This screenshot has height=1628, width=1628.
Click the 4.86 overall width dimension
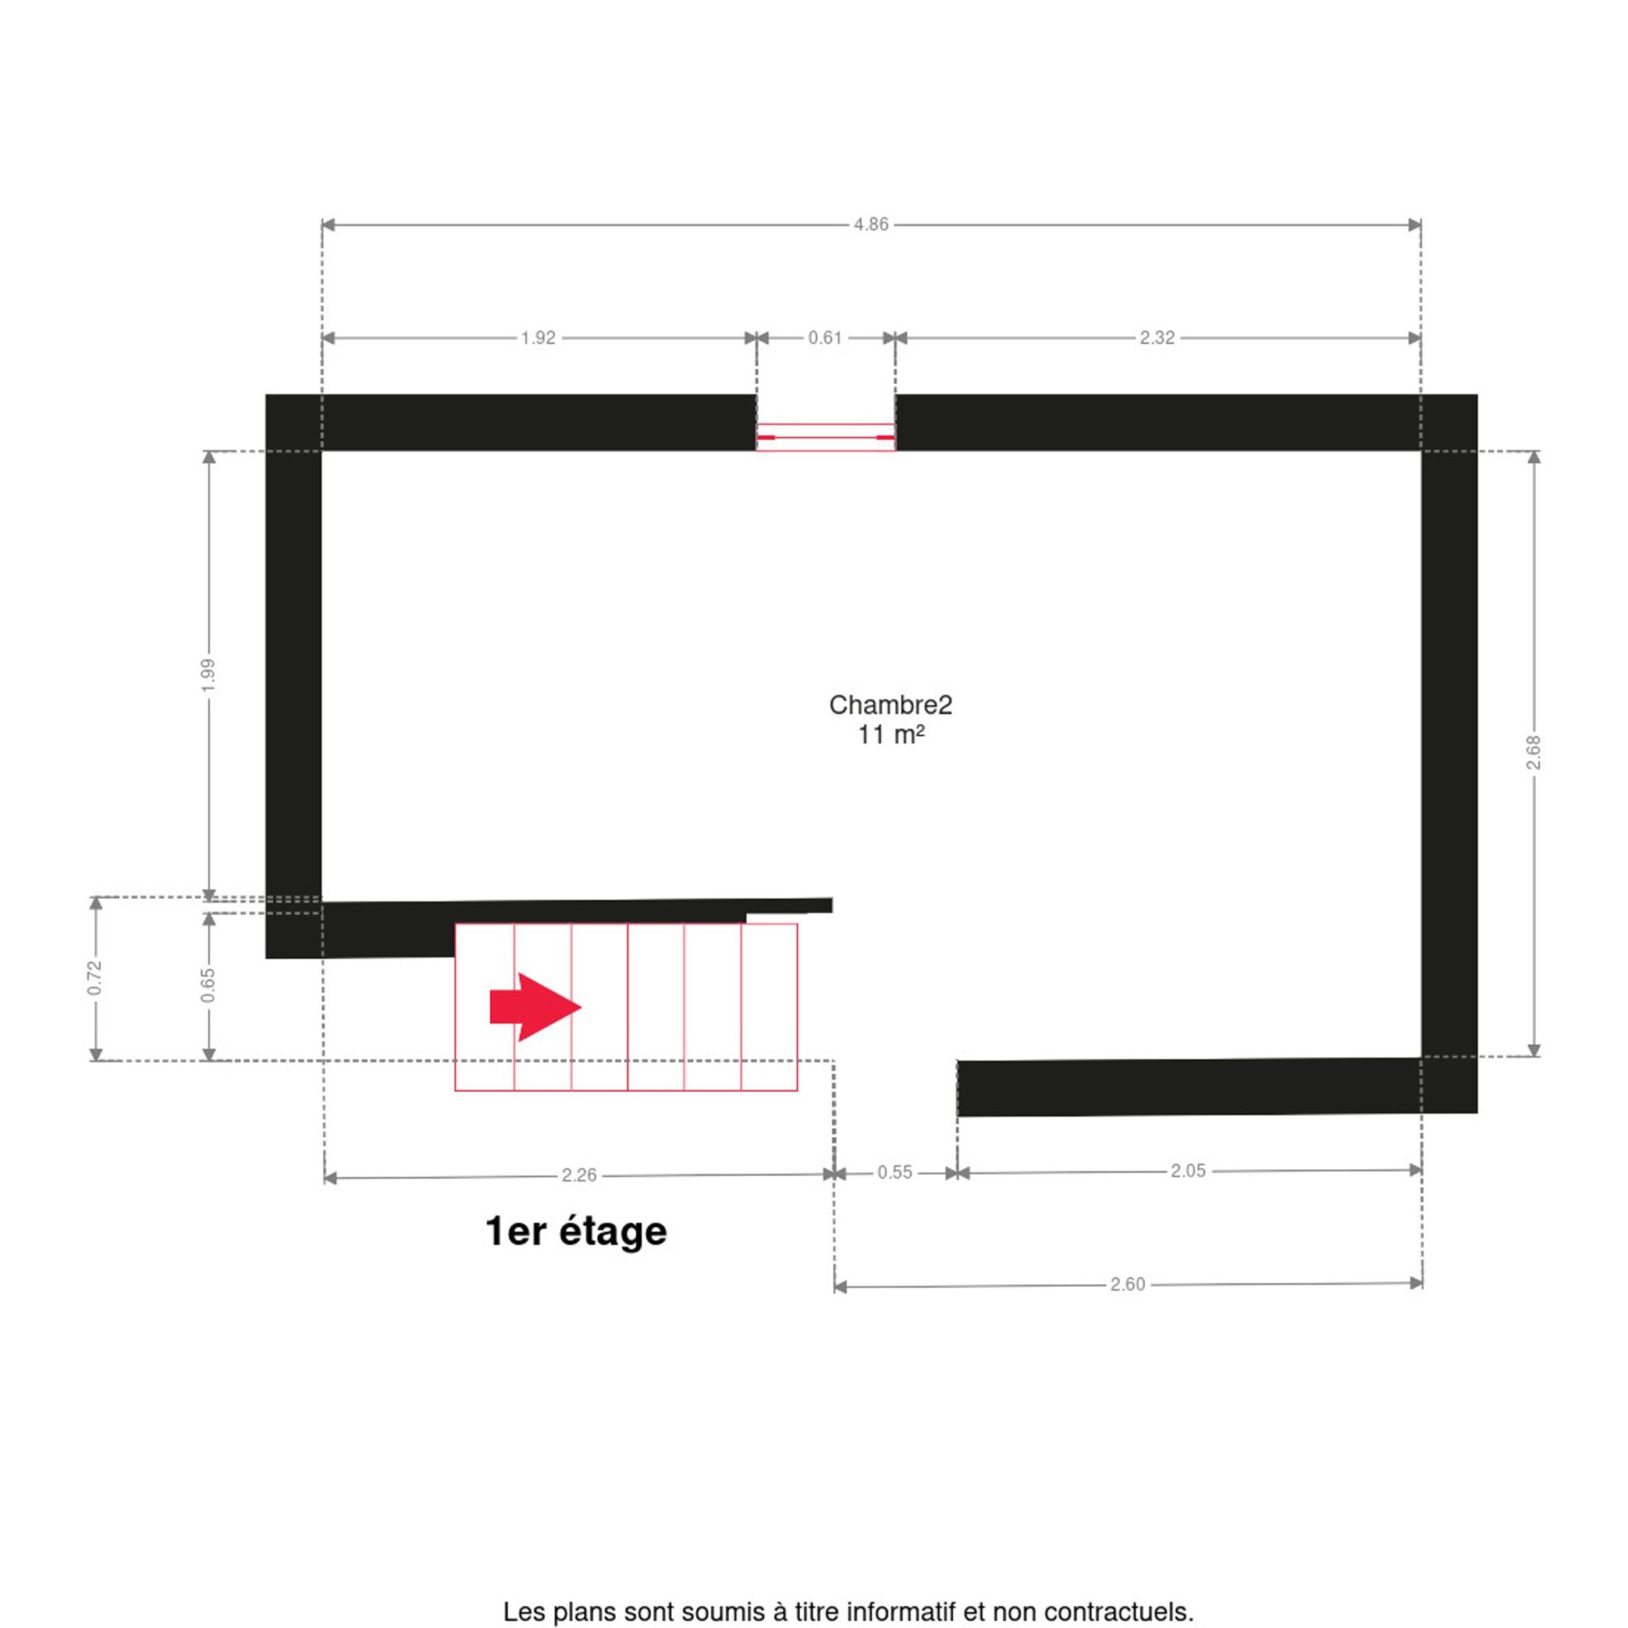point(871,225)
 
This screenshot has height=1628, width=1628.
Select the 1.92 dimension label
point(538,338)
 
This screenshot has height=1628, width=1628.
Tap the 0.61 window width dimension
point(825,338)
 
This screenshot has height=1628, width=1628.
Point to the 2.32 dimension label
point(1157,338)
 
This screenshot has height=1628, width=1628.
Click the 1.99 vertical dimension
point(209,675)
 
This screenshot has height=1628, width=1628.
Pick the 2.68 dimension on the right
point(1533,752)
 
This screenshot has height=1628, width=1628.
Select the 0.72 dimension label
point(95,978)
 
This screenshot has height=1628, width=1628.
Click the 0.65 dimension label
point(209,985)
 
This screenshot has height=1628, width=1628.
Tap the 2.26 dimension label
point(579,1175)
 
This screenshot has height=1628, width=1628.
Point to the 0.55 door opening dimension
point(895,1173)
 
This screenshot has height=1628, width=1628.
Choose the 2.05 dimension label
point(1188,1171)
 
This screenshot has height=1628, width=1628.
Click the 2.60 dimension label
point(1128,1285)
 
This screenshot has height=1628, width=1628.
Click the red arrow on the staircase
point(535,1007)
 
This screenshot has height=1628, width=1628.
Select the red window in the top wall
point(825,438)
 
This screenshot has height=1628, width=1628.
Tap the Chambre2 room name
point(890,705)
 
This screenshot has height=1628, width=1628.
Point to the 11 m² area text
point(890,734)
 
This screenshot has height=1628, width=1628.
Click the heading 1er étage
point(577,1232)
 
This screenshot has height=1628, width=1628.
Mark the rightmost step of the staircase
point(769,1006)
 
